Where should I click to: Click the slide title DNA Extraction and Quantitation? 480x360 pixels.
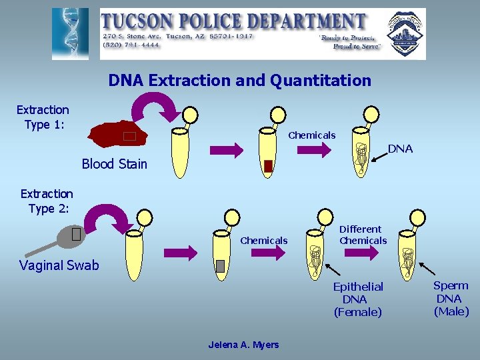coord(239,81)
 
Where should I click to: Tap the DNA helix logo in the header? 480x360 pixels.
coord(70,33)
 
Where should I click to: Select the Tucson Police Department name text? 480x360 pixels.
coord(233,21)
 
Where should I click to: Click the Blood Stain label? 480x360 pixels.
coord(114,164)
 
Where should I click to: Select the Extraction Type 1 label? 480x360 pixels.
coord(43,117)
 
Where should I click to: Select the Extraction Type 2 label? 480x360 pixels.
coord(47,201)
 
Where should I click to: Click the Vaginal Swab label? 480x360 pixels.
coord(59,265)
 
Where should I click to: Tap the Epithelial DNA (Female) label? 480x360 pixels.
coord(358,299)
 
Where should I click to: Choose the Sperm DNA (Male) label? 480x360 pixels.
coord(451,298)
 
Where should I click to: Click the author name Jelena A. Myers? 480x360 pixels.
coord(243,345)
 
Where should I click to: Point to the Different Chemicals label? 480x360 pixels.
coord(362,235)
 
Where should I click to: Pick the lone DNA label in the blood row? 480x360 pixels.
coord(400,149)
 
